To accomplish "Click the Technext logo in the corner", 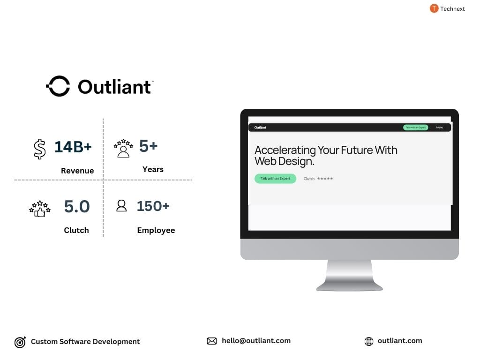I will (x=434, y=8).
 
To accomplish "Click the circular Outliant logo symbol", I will (x=58, y=86).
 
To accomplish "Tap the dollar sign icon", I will (x=40, y=149).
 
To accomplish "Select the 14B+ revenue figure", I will (x=73, y=147).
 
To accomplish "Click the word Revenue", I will (x=77, y=171).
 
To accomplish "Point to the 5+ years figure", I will (x=148, y=146).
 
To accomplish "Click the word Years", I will (x=153, y=169).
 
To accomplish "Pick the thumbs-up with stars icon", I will (x=40, y=209).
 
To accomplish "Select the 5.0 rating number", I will (x=77, y=206).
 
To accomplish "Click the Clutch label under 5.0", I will (x=76, y=230).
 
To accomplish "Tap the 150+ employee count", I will (x=153, y=206).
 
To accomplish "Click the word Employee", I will (x=156, y=230).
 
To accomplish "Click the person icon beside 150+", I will (x=121, y=206).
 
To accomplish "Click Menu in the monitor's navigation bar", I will (x=439, y=127).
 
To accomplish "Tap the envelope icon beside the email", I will (x=212, y=341).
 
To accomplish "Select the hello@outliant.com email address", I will (x=256, y=341).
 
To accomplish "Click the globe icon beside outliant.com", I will (x=369, y=341).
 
